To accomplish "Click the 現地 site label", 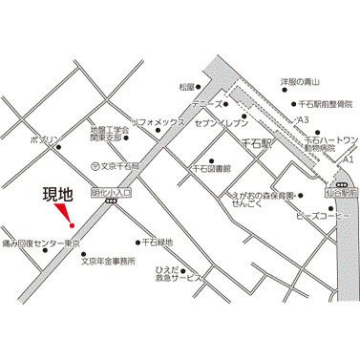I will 59,197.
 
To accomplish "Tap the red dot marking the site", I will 69,226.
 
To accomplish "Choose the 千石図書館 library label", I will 212,169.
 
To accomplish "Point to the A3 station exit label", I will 304,118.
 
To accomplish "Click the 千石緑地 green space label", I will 157,243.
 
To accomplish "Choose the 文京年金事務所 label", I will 108,259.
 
